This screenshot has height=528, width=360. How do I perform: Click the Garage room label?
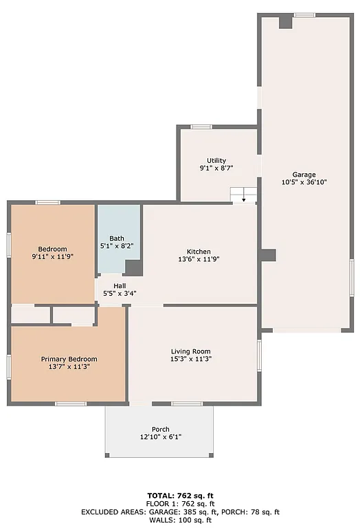click(x=304, y=174)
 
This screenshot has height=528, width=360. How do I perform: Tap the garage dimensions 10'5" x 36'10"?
click(x=304, y=182)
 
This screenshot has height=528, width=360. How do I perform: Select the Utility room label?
click(x=216, y=160)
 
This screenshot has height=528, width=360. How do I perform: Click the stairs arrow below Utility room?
click(x=243, y=200)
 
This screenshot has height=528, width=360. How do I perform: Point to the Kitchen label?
click(x=199, y=251)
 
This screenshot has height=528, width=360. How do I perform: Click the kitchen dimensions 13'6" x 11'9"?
click(x=199, y=259)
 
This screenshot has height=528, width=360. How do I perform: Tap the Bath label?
click(x=117, y=238)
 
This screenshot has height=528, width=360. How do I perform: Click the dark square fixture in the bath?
click(x=133, y=267)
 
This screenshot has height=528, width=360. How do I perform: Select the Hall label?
click(x=120, y=285)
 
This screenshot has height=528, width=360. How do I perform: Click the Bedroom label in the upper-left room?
click(x=52, y=248)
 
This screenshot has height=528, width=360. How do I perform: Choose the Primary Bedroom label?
click(x=69, y=359)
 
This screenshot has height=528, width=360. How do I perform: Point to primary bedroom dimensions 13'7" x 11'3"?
click(x=69, y=367)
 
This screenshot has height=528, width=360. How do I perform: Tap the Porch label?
click(x=160, y=429)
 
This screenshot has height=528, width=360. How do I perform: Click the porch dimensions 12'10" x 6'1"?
click(x=160, y=437)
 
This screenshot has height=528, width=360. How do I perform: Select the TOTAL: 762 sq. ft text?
click(x=180, y=495)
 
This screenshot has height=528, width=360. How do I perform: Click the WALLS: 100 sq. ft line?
click(x=180, y=520)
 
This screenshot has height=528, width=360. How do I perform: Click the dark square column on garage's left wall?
click(x=267, y=255)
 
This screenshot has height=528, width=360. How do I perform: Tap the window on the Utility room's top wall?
click(x=201, y=126)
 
